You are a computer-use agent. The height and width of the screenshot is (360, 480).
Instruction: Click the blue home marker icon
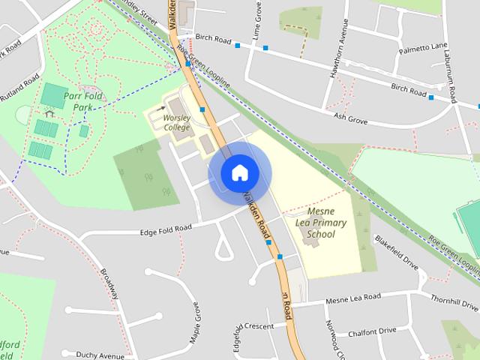pyautogui.click(x=239, y=172)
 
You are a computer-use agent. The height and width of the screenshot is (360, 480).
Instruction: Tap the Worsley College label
pyautogui.click(x=177, y=122)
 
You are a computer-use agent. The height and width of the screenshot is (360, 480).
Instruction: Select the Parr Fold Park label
pyautogui.click(x=82, y=102)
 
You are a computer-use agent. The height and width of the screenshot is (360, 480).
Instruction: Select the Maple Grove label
pyautogui.click(x=196, y=320)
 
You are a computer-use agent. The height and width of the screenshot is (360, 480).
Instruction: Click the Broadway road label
pyautogui.click(x=110, y=282)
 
